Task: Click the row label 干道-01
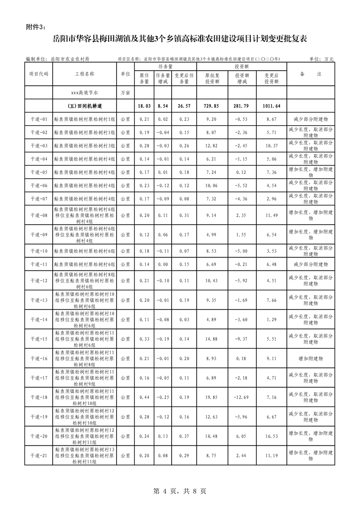click(39, 119)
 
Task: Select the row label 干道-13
click(39, 300)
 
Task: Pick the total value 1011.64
click(271, 106)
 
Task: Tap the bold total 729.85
click(212, 106)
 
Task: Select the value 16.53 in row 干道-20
click(271, 436)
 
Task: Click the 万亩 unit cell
click(125, 93)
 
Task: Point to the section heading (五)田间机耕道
click(84, 106)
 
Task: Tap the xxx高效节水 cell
click(84, 93)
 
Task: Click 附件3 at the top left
click(36, 27)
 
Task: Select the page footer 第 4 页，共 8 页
click(180, 491)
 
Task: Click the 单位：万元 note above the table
click(321, 59)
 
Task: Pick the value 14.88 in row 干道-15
click(212, 339)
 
